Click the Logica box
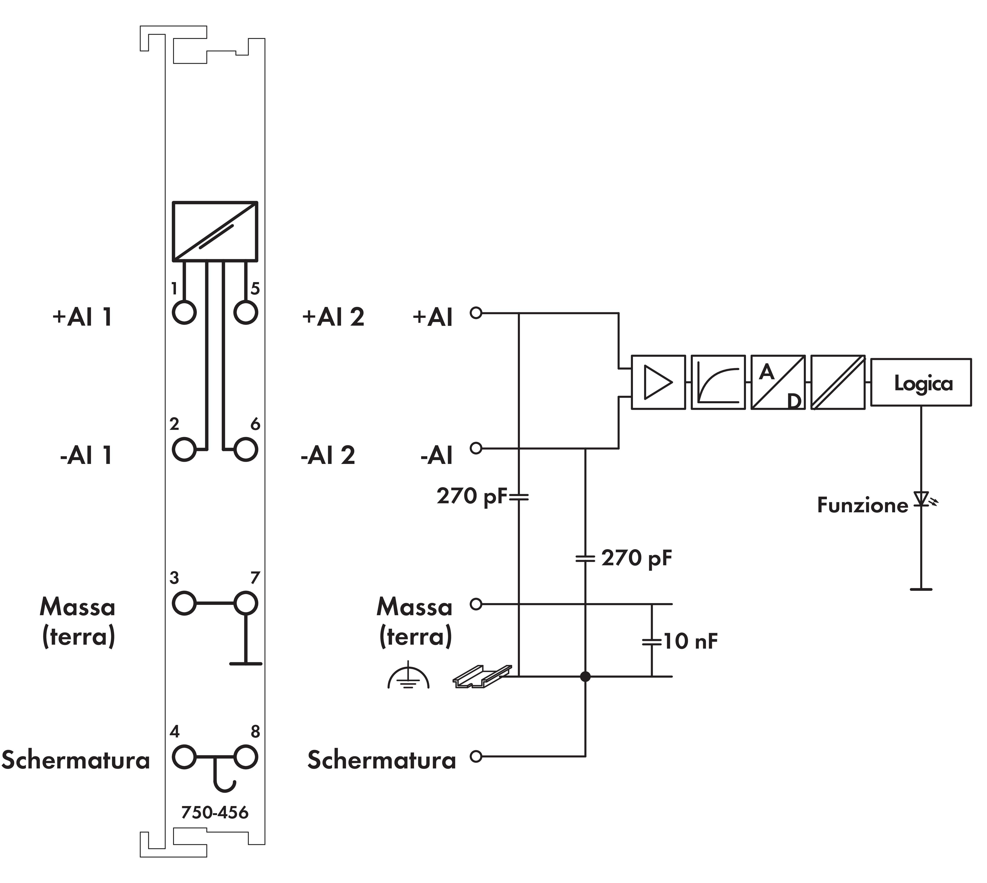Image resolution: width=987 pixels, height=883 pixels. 921,382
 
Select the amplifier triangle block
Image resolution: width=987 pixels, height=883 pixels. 658,382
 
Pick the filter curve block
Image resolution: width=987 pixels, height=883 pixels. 718,382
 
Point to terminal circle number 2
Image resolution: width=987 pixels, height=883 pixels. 184,449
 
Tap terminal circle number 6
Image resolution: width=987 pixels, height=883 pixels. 245,449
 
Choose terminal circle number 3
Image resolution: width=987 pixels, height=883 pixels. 184,604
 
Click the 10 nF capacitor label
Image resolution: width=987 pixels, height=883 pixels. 690,641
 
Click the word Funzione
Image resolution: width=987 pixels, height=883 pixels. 862,505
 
